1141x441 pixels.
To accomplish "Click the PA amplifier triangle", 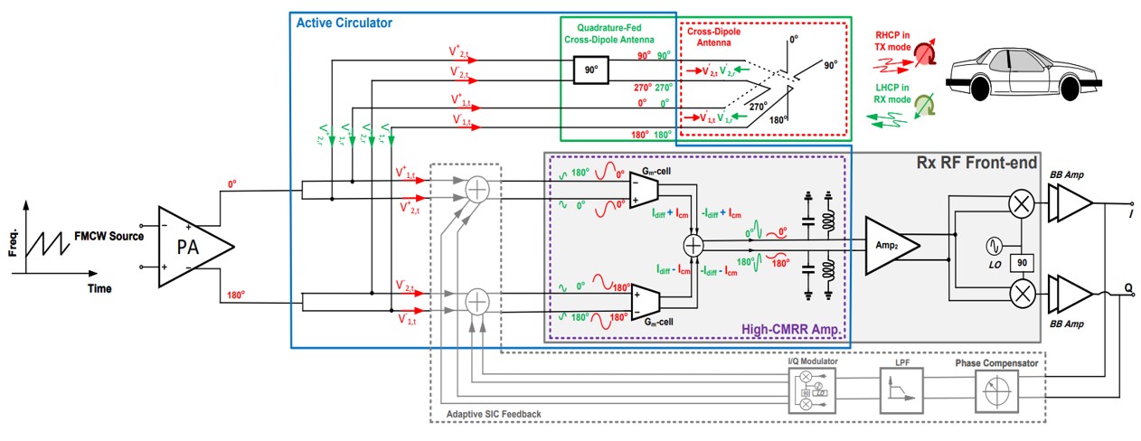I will (192, 247).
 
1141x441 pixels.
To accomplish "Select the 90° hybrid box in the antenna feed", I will (592, 70).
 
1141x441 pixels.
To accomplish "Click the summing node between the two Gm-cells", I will (693, 244).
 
